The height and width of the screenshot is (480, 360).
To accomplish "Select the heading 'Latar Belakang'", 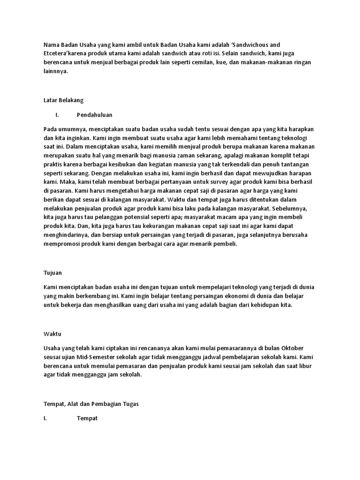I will [x=63, y=100].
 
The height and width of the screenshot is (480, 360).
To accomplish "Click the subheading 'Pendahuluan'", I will [x=94, y=114].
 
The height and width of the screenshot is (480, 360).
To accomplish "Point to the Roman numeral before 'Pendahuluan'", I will [x=57, y=114].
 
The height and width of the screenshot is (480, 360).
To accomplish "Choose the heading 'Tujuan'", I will [x=52, y=272].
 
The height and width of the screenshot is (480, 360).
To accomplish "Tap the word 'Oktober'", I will [x=292, y=348].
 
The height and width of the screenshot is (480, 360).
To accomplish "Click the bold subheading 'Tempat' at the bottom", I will [x=87, y=418].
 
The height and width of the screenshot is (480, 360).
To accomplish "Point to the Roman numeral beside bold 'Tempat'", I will [x=45, y=418].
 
